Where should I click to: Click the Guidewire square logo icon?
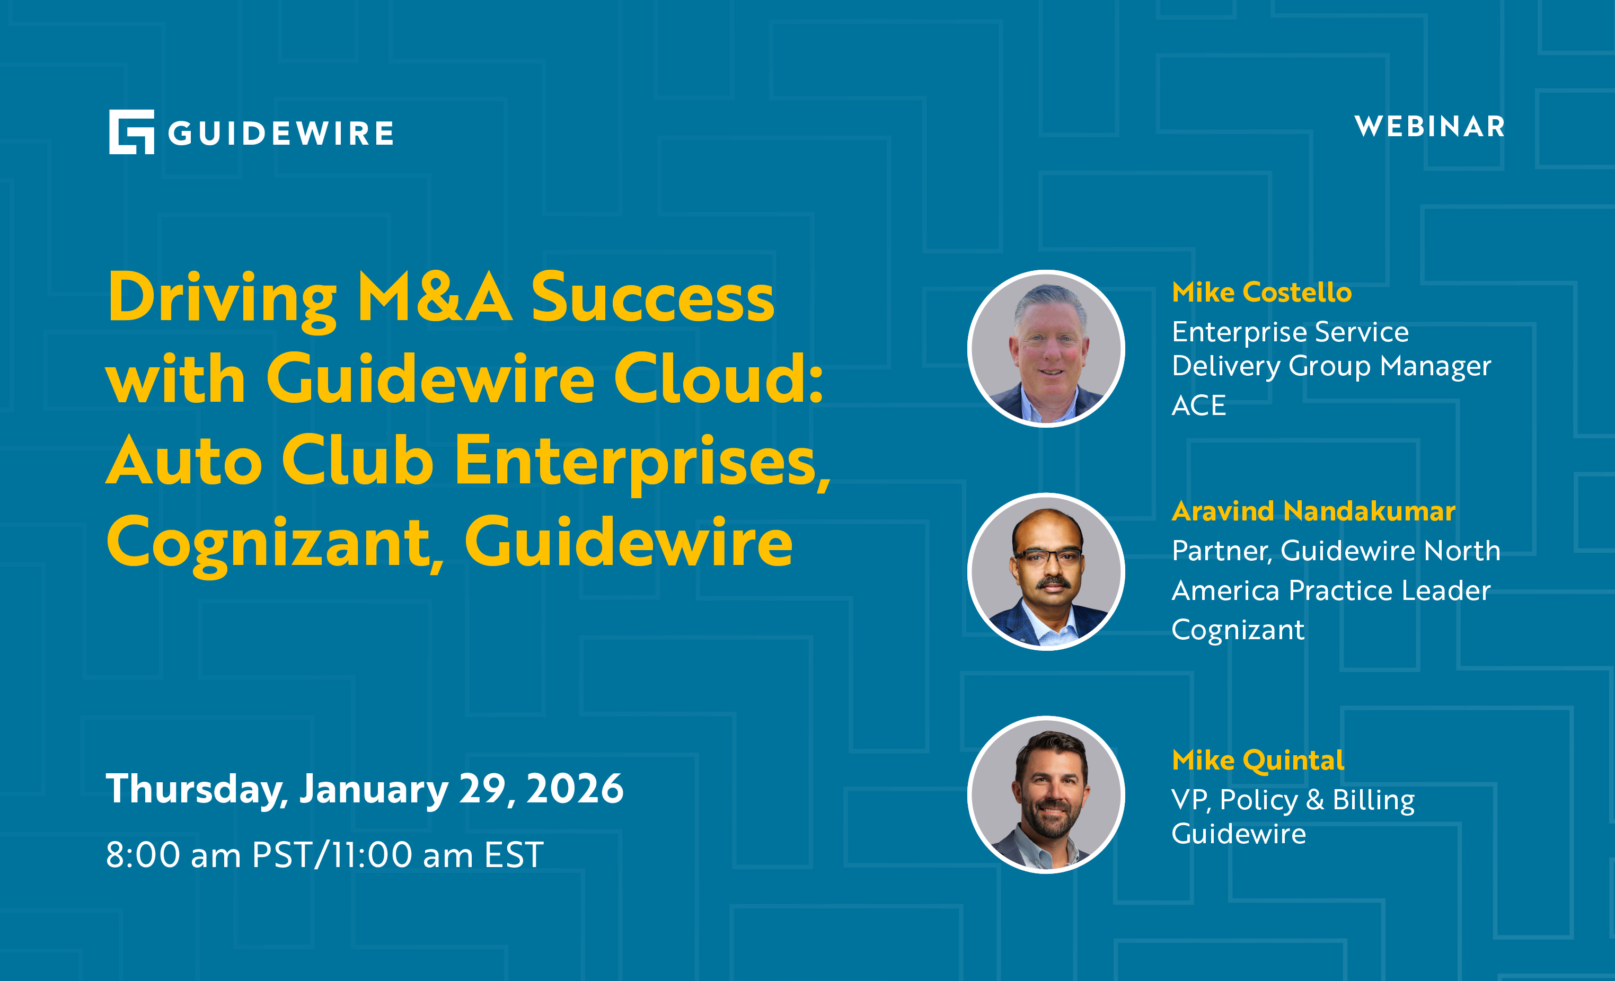click(131, 132)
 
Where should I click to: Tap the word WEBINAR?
click(1429, 127)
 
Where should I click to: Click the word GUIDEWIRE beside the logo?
click(280, 133)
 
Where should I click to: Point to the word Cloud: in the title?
click(718, 379)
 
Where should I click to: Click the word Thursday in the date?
click(193, 790)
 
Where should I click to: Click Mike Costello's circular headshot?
click(1046, 349)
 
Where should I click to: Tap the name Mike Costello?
click(1261, 292)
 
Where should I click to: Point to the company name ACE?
click(1199, 405)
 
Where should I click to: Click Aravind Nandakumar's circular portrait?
click(1046, 571)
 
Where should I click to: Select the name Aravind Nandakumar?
click(1313, 511)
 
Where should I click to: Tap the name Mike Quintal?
click(1258, 760)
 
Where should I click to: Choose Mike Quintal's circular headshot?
click(1046, 795)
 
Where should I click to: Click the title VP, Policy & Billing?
click(1293, 800)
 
